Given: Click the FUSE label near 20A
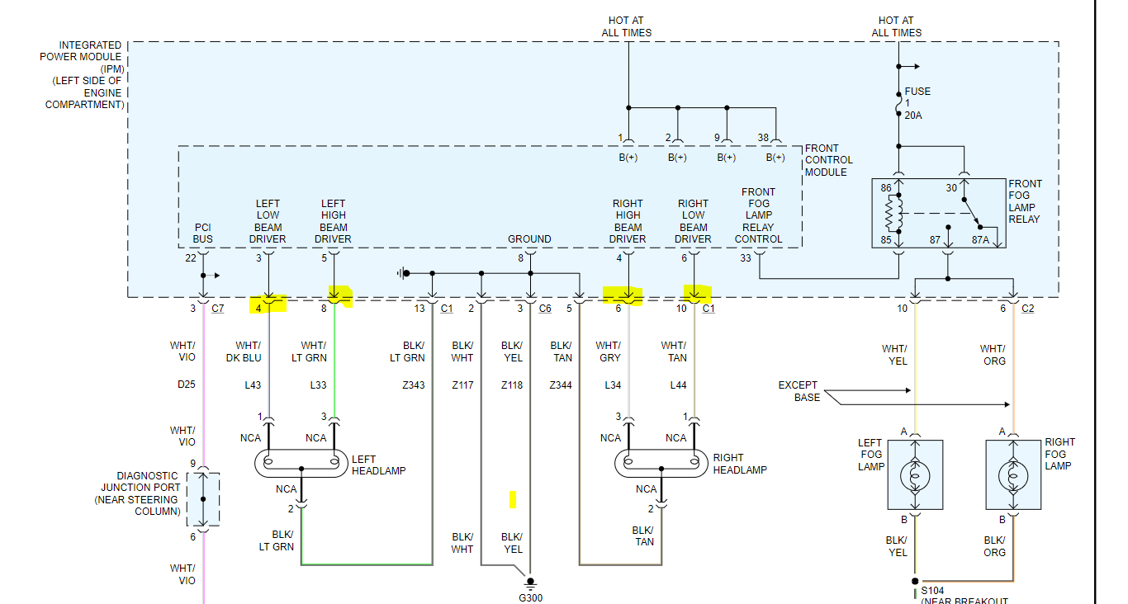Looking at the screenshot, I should tap(917, 92).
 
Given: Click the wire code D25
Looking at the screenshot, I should tap(187, 385).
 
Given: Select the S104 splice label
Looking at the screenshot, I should tap(933, 591).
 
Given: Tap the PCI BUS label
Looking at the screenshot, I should tap(203, 234).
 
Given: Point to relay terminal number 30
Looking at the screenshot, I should tap(951, 188).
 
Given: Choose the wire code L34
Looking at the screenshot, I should tap(612, 385).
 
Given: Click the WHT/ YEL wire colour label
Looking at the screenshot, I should tap(898, 355).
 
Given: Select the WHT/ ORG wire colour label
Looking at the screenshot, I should tap(993, 355).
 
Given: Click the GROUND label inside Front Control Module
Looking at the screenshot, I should tap(529, 239).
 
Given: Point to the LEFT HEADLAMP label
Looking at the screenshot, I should tap(378, 465).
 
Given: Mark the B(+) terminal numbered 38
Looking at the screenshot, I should tap(775, 157).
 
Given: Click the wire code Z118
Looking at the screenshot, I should tap(512, 385).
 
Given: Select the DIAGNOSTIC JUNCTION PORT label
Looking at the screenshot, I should tap(147, 493).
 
